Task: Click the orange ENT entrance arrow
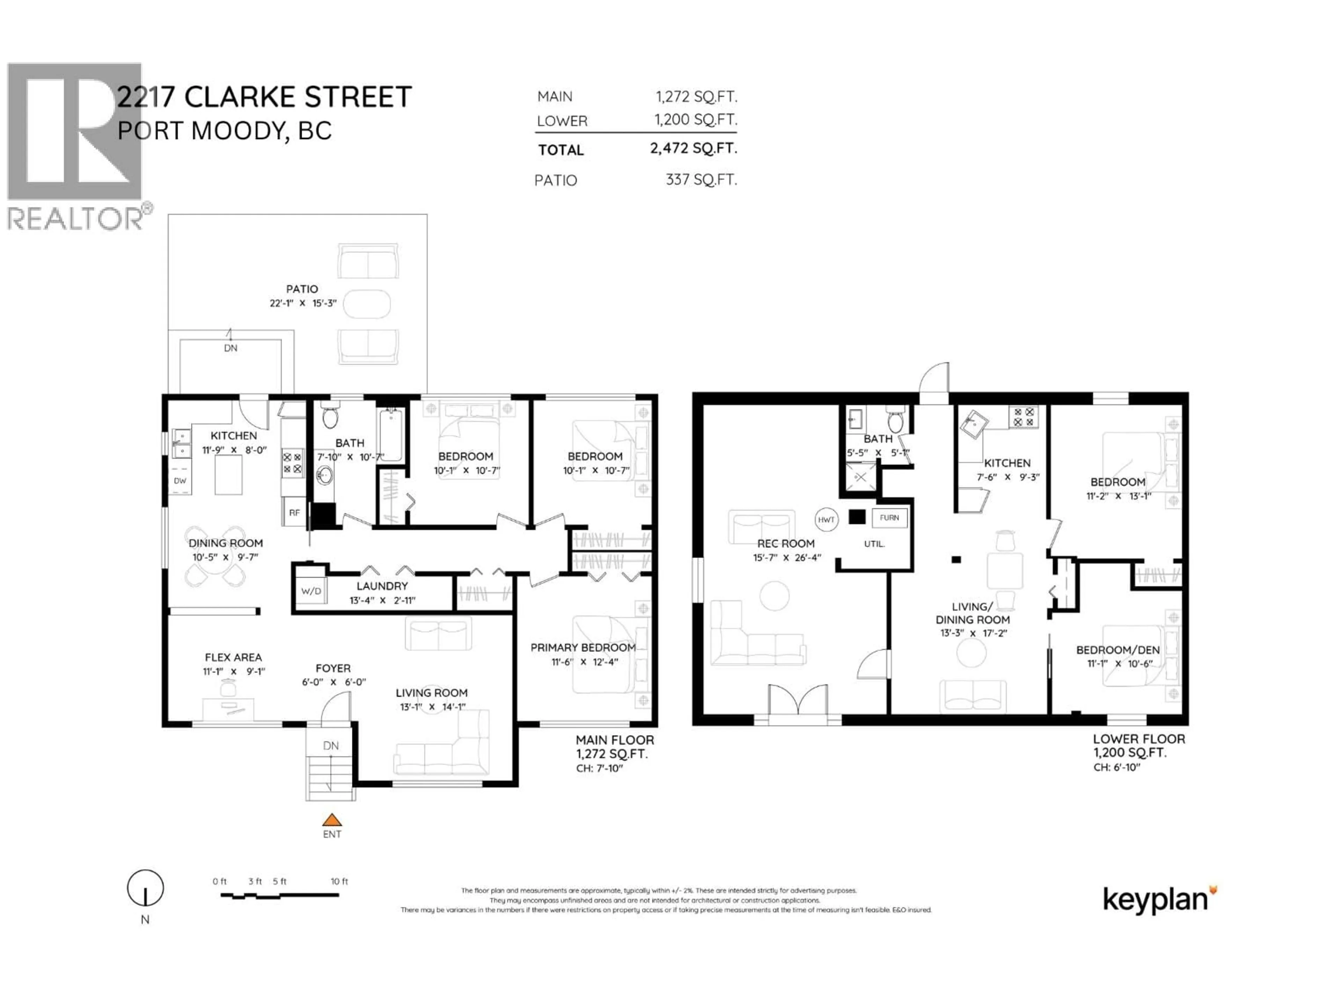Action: (332, 821)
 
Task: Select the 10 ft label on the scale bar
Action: (339, 881)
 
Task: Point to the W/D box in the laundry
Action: (311, 591)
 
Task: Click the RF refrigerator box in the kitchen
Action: (294, 512)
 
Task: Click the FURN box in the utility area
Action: (889, 517)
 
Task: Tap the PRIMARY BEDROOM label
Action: (582, 648)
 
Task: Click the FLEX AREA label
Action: (233, 657)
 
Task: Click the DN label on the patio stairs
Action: (230, 348)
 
